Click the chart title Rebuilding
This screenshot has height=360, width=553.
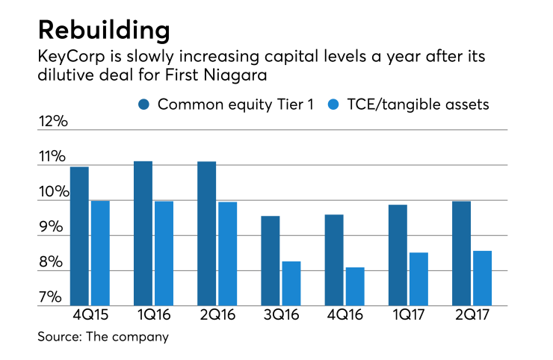(104, 31)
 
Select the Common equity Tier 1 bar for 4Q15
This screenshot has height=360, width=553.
(79, 236)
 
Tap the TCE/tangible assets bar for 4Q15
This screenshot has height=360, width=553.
(100, 253)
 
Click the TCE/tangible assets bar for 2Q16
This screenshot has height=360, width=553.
(227, 254)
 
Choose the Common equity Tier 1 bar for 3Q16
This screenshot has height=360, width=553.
(270, 261)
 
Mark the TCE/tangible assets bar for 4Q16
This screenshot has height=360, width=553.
(355, 287)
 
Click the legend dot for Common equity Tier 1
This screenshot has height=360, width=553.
(144, 105)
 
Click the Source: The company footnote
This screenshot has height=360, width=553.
(103, 337)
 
